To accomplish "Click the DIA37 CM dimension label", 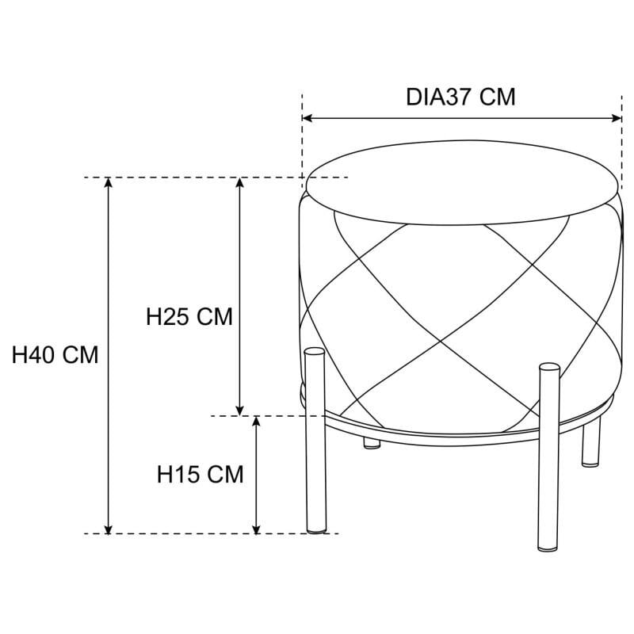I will click(x=460, y=97).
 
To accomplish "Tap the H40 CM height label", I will click(x=55, y=355).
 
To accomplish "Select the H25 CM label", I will click(x=189, y=317).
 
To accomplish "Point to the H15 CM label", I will click(x=200, y=475).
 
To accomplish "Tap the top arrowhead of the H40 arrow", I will click(x=109, y=183).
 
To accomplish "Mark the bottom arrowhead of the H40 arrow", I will click(x=109, y=528).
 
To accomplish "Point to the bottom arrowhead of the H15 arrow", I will click(x=256, y=528).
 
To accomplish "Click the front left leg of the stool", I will click(x=315, y=444).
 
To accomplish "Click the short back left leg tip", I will click(x=370, y=443).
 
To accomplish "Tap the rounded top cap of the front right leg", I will click(x=548, y=368).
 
